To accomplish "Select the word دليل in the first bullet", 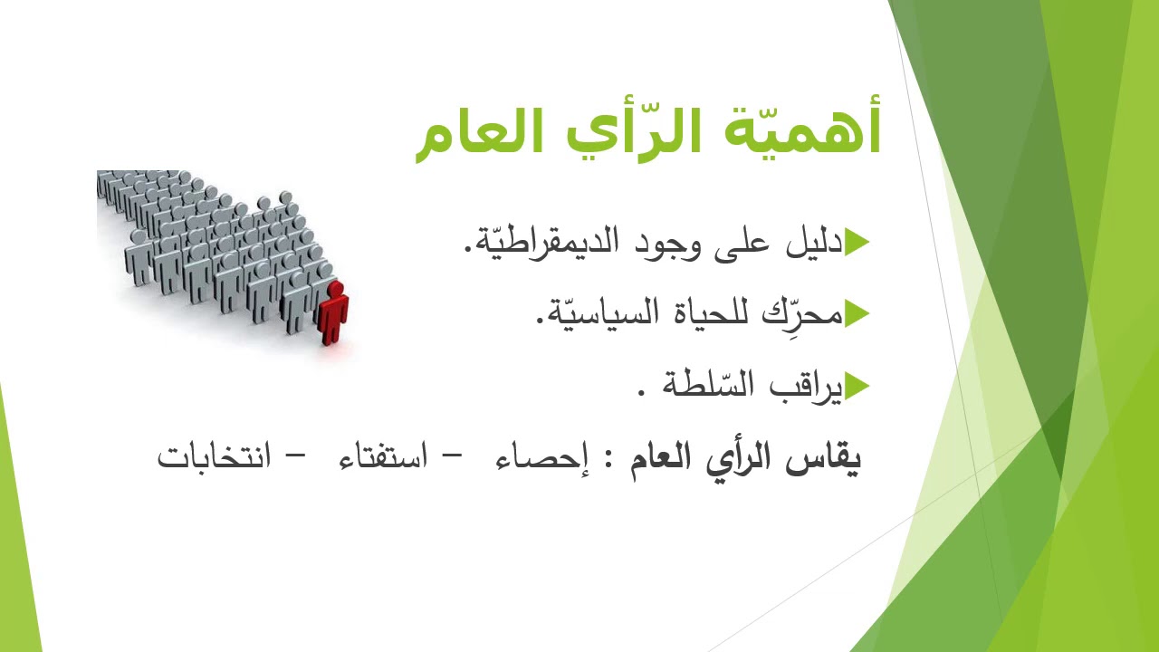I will click(x=815, y=242).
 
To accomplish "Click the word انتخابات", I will click(x=214, y=456).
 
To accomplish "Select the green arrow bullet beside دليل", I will click(x=857, y=243).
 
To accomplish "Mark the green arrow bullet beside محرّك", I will click(x=857, y=314).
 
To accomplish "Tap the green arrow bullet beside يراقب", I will click(x=857, y=387).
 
